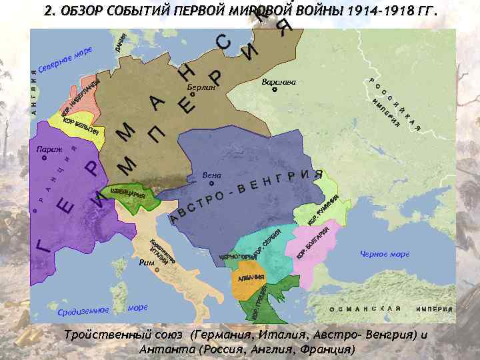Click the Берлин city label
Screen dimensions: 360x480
click(x=201, y=88)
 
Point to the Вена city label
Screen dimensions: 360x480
click(x=211, y=175)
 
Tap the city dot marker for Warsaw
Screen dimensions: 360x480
click(x=275, y=89)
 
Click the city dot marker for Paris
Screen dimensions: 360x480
click(x=44, y=159)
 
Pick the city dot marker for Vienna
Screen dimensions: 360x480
click(x=211, y=182)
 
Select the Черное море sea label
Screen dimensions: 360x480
click(x=385, y=254)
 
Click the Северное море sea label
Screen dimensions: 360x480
click(x=65, y=61)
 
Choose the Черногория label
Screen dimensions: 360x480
click(x=233, y=257)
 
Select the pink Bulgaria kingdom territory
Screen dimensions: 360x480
click(x=313, y=244)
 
